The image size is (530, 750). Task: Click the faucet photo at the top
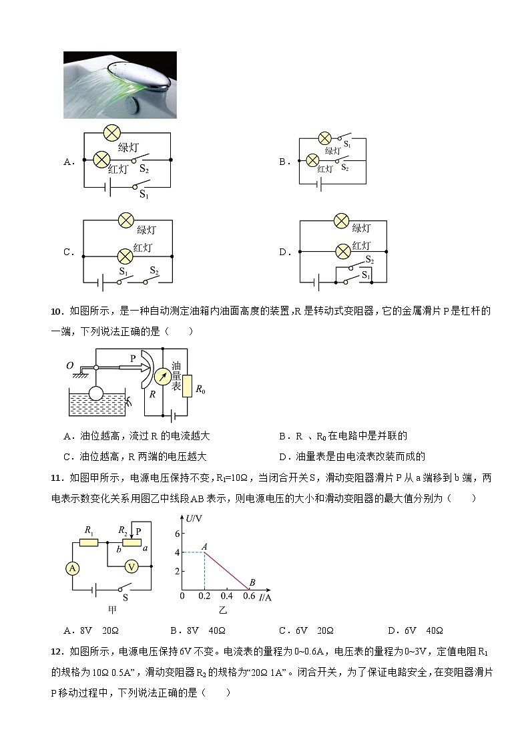[120, 85]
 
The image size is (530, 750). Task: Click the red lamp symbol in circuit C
[124, 256]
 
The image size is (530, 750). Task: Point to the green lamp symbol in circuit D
[342, 220]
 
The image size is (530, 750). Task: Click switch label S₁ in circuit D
[365, 275]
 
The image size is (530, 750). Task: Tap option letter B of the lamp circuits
[283, 162]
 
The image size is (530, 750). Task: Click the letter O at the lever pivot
[70, 365]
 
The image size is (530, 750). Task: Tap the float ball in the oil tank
[96, 393]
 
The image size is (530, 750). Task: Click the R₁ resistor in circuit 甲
[89, 542]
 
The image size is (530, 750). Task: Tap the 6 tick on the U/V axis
[177, 533]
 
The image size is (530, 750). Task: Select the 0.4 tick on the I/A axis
[226, 596]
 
